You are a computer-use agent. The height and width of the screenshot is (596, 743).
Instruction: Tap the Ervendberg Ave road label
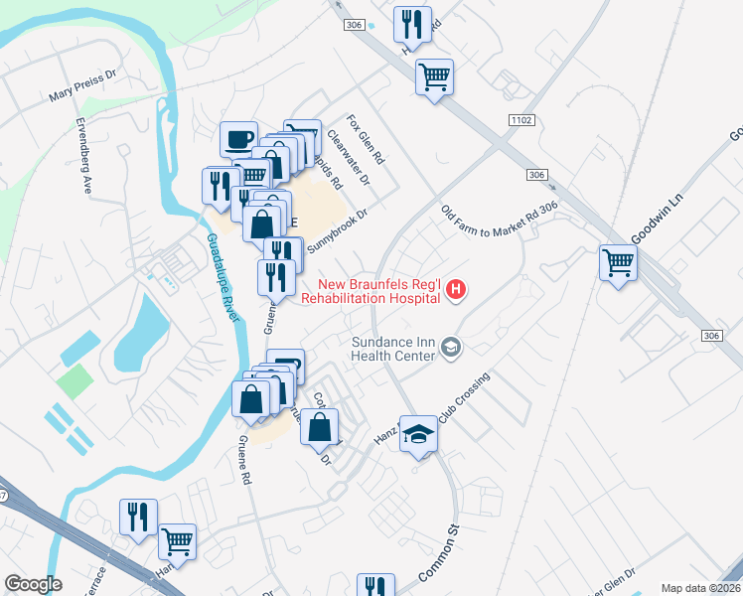pyautogui.click(x=84, y=156)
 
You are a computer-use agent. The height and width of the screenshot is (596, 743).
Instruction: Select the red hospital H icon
pyautogui.click(x=456, y=289)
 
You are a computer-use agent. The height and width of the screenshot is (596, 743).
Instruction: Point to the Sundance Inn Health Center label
pyautogui.click(x=394, y=348)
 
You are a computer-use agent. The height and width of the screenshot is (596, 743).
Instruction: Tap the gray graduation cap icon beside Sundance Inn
pyautogui.click(x=452, y=346)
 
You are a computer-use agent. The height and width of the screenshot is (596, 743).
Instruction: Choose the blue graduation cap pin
pyautogui.click(x=419, y=434)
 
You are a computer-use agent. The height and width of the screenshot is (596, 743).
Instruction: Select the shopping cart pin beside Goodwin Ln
pyautogui.click(x=618, y=263)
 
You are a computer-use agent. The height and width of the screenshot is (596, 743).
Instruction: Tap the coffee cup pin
pyautogui.click(x=237, y=139)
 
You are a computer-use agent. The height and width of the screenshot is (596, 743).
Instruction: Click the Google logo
pyautogui.click(x=33, y=584)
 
